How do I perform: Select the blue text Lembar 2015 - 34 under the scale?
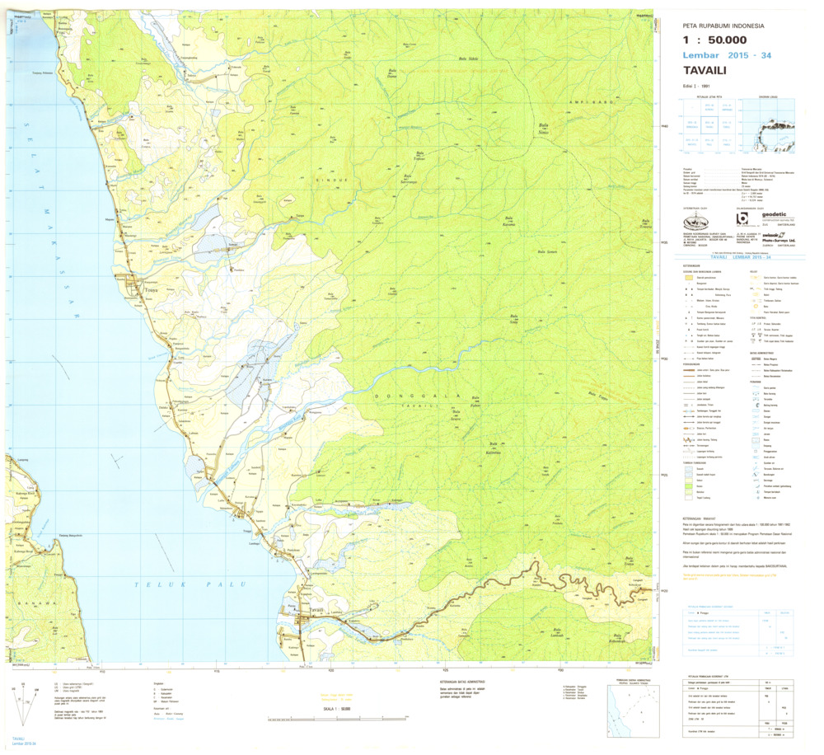727,55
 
